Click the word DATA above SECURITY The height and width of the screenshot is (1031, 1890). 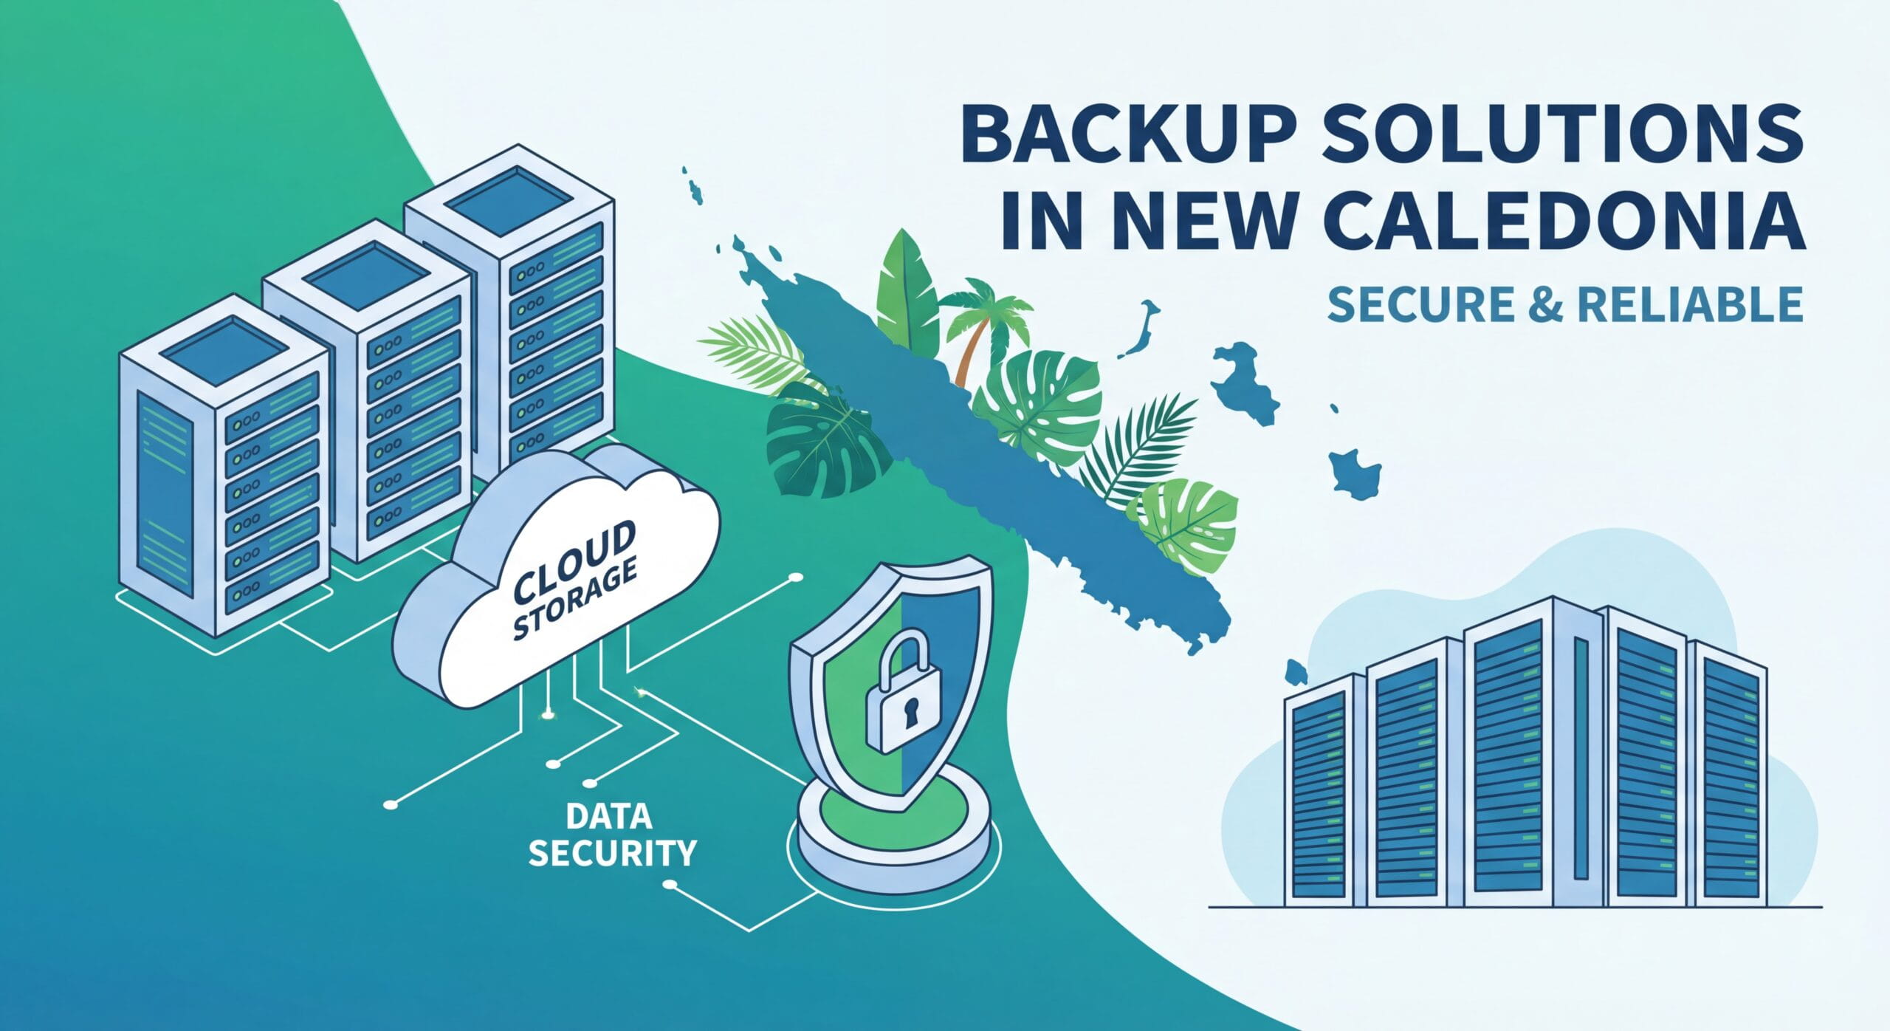(x=610, y=815)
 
